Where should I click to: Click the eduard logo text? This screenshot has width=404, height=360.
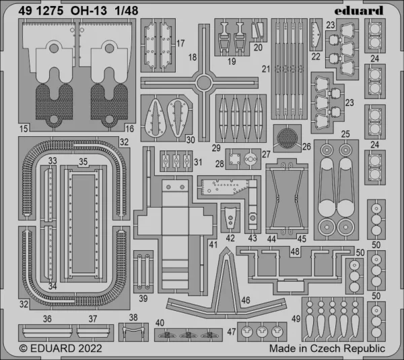pyautogui.click(x=359, y=11)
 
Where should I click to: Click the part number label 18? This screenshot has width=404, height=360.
pyautogui.click(x=193, y=57)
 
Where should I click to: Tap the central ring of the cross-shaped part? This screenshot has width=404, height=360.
pyautogui.click(x=203, y=83)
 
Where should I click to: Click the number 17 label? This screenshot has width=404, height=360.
pyautogui.click(x=180, y=43)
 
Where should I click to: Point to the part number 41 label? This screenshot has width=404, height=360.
pyautogui.click(x=213, y=245)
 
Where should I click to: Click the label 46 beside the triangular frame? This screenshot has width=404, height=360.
pyautogui.click(x=246, y=300)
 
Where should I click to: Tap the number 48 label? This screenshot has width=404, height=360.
pyautogui.click(x=295, y=251)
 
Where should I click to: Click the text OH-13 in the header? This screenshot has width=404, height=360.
pyautogui.click(x=89, y=11)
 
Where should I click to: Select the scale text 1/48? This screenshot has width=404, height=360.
pyautogui.click(x=127, y=11)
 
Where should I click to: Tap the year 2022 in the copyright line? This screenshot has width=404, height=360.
pyautogui.click(x=90, y=349)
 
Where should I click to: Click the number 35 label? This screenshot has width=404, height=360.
pyautogui.click(x=83, y=162)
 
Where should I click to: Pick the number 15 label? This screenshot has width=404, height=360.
pyautogui.click(x=24, y=129)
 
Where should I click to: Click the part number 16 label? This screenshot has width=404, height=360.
pyautogui.click(x=129, y=129)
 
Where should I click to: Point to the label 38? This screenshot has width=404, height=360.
pyautogui.click(x=133, y=318)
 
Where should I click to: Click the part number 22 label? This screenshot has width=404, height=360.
pyautogui.click(x=316, y=57)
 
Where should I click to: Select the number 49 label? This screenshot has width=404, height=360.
pyautogui.click(x=296, y=319)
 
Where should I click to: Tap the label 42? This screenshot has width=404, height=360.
pyautogui.click(x=230, y=238)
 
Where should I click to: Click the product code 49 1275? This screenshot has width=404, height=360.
pyautogui.click(x=40, y=11)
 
